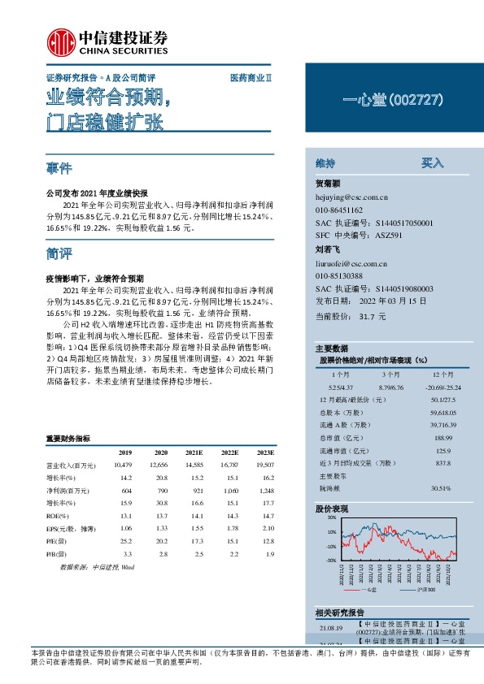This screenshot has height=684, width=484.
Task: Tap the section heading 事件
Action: pyautogui.click(x=59, y=169)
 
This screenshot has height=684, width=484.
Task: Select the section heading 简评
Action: pyautogui.click(x=59, y=253)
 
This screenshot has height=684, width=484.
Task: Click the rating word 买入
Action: pyautogui.click(x=432, y=162)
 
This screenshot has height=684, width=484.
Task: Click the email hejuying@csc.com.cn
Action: pyautogui.click(x=351, y=197)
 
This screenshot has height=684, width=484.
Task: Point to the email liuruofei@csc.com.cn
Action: pyautogui.click(x=351, y=263)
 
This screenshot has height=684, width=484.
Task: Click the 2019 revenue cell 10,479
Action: pyautogui.click(x=123, y=464)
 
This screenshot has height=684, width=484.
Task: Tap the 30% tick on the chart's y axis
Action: pyautogui.click(x=309, y=517)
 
